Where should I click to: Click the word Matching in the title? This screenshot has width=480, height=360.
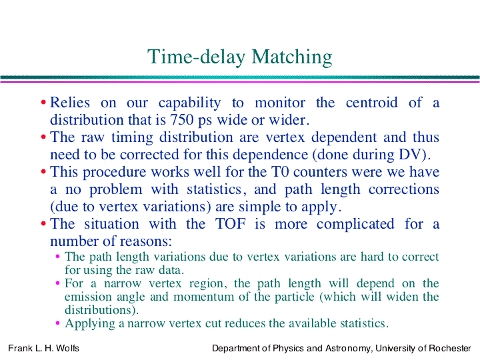click(x=292, y=57)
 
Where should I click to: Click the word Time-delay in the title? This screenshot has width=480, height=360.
click(x=196, y=57)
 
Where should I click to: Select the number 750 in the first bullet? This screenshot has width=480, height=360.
click(x=182, y=119)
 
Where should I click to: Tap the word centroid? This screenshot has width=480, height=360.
click(x=371, y=102)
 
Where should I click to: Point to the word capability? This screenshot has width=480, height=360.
click(x=189, y=103)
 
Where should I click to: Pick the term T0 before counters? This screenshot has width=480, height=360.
click(x=280, y=171)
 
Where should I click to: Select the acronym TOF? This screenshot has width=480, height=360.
click(x=231, y=223)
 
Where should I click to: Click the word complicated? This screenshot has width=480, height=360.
click(x=355, y=225)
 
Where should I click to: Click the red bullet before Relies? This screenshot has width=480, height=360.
click(x=43, y=102)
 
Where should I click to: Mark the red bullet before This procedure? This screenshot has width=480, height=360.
click(x=43, y=171)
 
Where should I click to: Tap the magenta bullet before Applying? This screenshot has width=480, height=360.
click(x=57, y=323)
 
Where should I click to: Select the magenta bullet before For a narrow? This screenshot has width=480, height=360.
click(x=57, y=283)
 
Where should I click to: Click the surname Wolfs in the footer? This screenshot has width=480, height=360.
click(x=67, y=349)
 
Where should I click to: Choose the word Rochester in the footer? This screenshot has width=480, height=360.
click(x=450, y=349)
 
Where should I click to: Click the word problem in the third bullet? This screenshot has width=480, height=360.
click(x=116, y=190)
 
